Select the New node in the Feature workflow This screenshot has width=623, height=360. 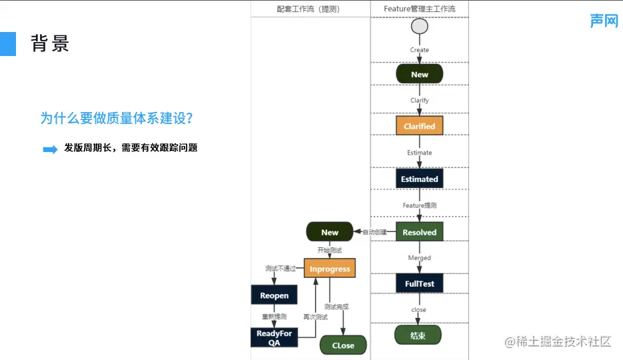point(419,74)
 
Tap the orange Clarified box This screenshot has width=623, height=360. point(419,126)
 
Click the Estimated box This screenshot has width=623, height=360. point(419,179)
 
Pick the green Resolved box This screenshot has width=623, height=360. point(419,232)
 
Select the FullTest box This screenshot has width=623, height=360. point(419,283)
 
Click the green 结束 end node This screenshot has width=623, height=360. point(418,335)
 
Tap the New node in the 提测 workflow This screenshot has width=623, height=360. point(330,232)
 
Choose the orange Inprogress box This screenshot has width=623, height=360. point(330,269)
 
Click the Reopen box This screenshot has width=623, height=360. point(274,295)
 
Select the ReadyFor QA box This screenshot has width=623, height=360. point(274,337)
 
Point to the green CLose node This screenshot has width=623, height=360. point(343,345)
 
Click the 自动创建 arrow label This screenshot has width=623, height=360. point(374,232)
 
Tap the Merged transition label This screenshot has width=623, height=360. point(419,258)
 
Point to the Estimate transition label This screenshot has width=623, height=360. point(419,153)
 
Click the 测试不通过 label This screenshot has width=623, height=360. point(280,269)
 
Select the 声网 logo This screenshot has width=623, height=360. point(604,21)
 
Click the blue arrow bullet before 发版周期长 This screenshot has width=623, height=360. point(50,149)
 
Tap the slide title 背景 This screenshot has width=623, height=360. point(50,44)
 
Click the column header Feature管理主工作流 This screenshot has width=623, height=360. point(420,9)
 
